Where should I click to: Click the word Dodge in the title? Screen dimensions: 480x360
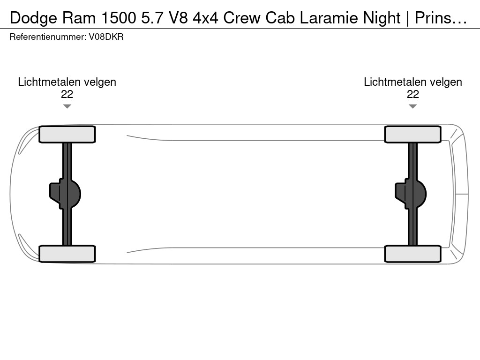point(33,18)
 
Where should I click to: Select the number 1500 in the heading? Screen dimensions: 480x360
point(119,18)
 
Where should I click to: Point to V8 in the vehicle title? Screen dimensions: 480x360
point(178,18)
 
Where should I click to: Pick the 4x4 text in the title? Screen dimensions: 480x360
point(205,18)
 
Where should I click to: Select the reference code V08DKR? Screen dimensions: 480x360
point(106,37)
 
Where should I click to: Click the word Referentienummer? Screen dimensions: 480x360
point(48,37)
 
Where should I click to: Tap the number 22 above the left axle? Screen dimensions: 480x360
point(67,94)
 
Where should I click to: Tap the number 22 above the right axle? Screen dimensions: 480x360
point(412,94)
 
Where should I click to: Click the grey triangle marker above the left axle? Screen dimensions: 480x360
point(67,106)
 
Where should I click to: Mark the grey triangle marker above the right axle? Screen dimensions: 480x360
point(412,106)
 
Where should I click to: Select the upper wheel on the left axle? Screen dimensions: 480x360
point(67,135)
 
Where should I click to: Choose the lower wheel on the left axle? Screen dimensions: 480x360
point(67,254)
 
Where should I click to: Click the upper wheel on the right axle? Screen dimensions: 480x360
point(412,135)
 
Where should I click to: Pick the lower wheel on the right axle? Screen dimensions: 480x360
point(412,254)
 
